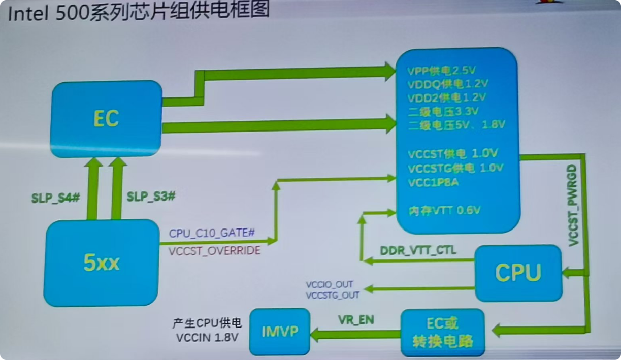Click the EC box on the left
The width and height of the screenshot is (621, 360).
click(106, 119)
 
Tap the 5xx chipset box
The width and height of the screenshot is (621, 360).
click(101, 263)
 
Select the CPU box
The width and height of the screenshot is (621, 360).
click(518, 273)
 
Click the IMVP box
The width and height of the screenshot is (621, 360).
click(279, 332)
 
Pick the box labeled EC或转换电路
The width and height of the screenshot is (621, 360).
click(442, 332)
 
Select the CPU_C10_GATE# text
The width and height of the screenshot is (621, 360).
click(212, 233)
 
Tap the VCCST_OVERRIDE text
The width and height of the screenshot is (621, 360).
click(214, 250)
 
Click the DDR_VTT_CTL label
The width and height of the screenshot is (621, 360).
click(418, 250)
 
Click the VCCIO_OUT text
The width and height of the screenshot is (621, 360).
click(330, 284)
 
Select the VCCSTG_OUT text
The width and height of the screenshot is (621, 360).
click(333, 294)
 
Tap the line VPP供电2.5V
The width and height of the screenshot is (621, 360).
click(441, 70)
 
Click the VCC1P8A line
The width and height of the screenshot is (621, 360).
click(433, 182)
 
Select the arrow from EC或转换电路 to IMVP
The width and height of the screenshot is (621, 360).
click(355, 334)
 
